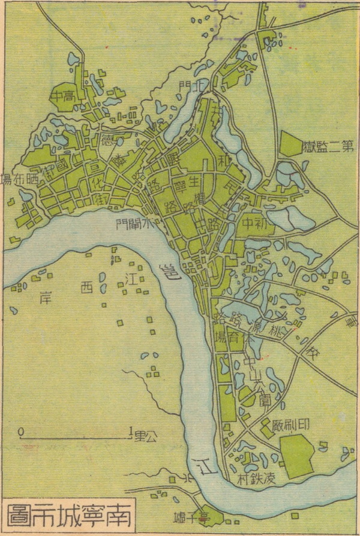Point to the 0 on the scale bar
click(21, 430)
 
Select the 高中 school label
click(65, 96)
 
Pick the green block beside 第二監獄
click(290, 144)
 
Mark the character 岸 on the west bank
click(43, 296)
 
